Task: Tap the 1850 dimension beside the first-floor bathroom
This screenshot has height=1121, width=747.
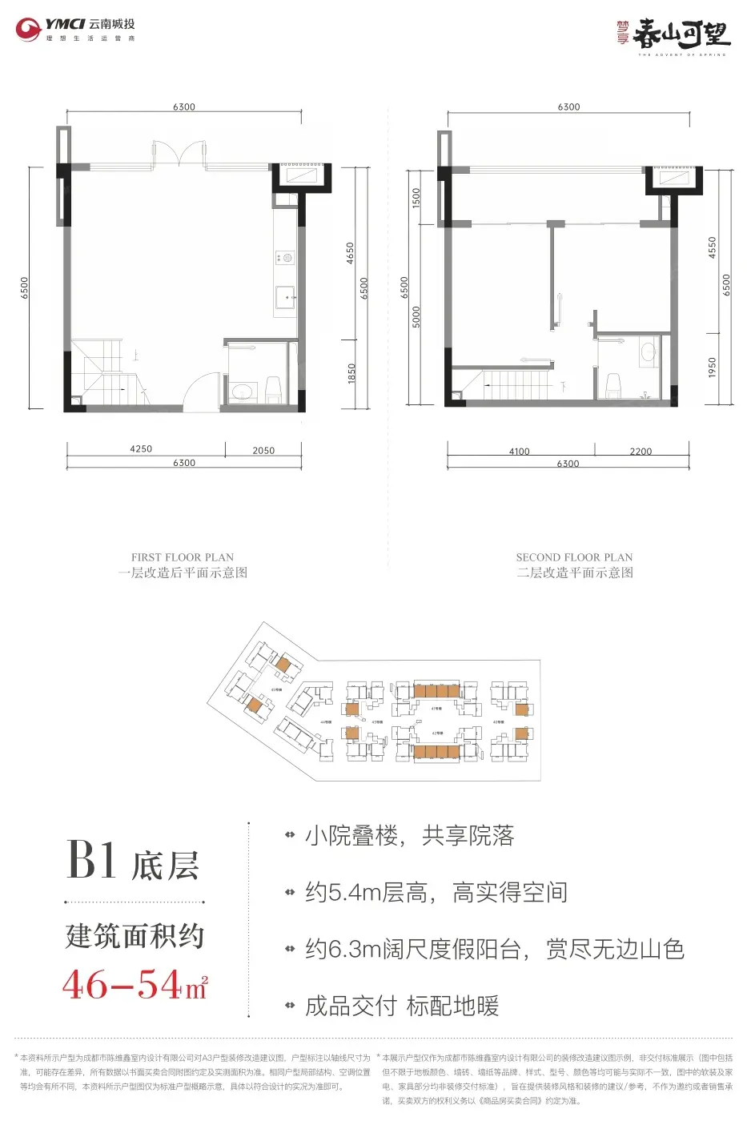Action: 351,373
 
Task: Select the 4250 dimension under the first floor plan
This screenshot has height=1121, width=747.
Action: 141,449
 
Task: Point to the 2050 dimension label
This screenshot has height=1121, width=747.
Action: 263,451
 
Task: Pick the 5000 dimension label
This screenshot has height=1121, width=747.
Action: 416,316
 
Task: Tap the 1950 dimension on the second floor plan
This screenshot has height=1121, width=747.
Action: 713,368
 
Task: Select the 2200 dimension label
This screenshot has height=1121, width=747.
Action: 641,452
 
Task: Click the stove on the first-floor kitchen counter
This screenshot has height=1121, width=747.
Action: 285,258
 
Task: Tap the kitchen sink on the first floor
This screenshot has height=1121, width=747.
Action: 286,297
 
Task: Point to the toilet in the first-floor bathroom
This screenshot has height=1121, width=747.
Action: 273,389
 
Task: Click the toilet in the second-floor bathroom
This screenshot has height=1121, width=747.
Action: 614,384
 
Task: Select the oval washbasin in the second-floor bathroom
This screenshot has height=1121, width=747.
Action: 649,352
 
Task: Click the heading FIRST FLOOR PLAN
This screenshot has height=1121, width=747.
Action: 183,557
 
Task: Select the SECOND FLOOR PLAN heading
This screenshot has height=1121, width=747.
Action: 574,557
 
